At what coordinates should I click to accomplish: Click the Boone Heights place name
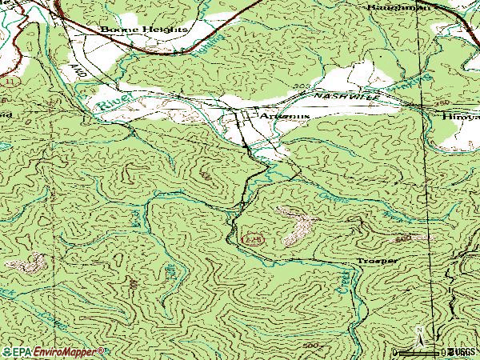pos(144,30)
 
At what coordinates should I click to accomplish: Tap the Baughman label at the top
pos(398,6)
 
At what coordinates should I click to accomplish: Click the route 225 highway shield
pos(250,238)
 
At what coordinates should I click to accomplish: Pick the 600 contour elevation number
pos(402,238)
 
